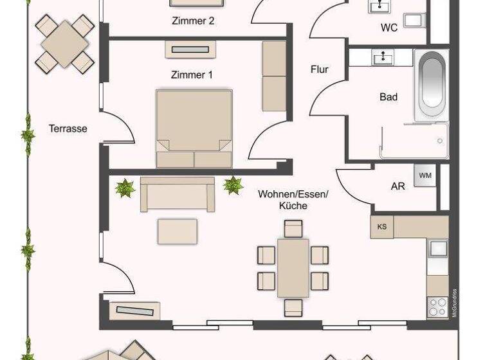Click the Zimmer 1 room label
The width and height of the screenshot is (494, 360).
[x=192, y=75]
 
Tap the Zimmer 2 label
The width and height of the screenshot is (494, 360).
[x=193, y=21]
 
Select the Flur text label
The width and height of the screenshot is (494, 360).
[x=320, y=69]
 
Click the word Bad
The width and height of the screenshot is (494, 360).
[x=389, y=97]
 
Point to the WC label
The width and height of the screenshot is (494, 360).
[x=389, y=28]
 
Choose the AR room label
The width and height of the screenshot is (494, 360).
[x=398, y=186]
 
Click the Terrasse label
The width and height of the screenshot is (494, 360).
[x=68, y=129]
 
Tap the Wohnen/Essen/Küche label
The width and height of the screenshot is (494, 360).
[x=293, y=199]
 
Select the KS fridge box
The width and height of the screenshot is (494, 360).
[x=382, y=226]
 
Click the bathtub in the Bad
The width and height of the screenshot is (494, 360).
[x=431, y=84]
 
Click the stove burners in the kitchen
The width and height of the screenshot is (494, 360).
[x=437, y=305]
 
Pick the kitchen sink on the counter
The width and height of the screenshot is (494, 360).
[x=438, y=248]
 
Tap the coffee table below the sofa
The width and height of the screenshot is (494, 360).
[x=178, y=231]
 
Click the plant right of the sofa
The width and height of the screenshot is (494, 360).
[x=233, y=186]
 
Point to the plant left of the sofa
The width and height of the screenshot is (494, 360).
[x=124, y=188]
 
